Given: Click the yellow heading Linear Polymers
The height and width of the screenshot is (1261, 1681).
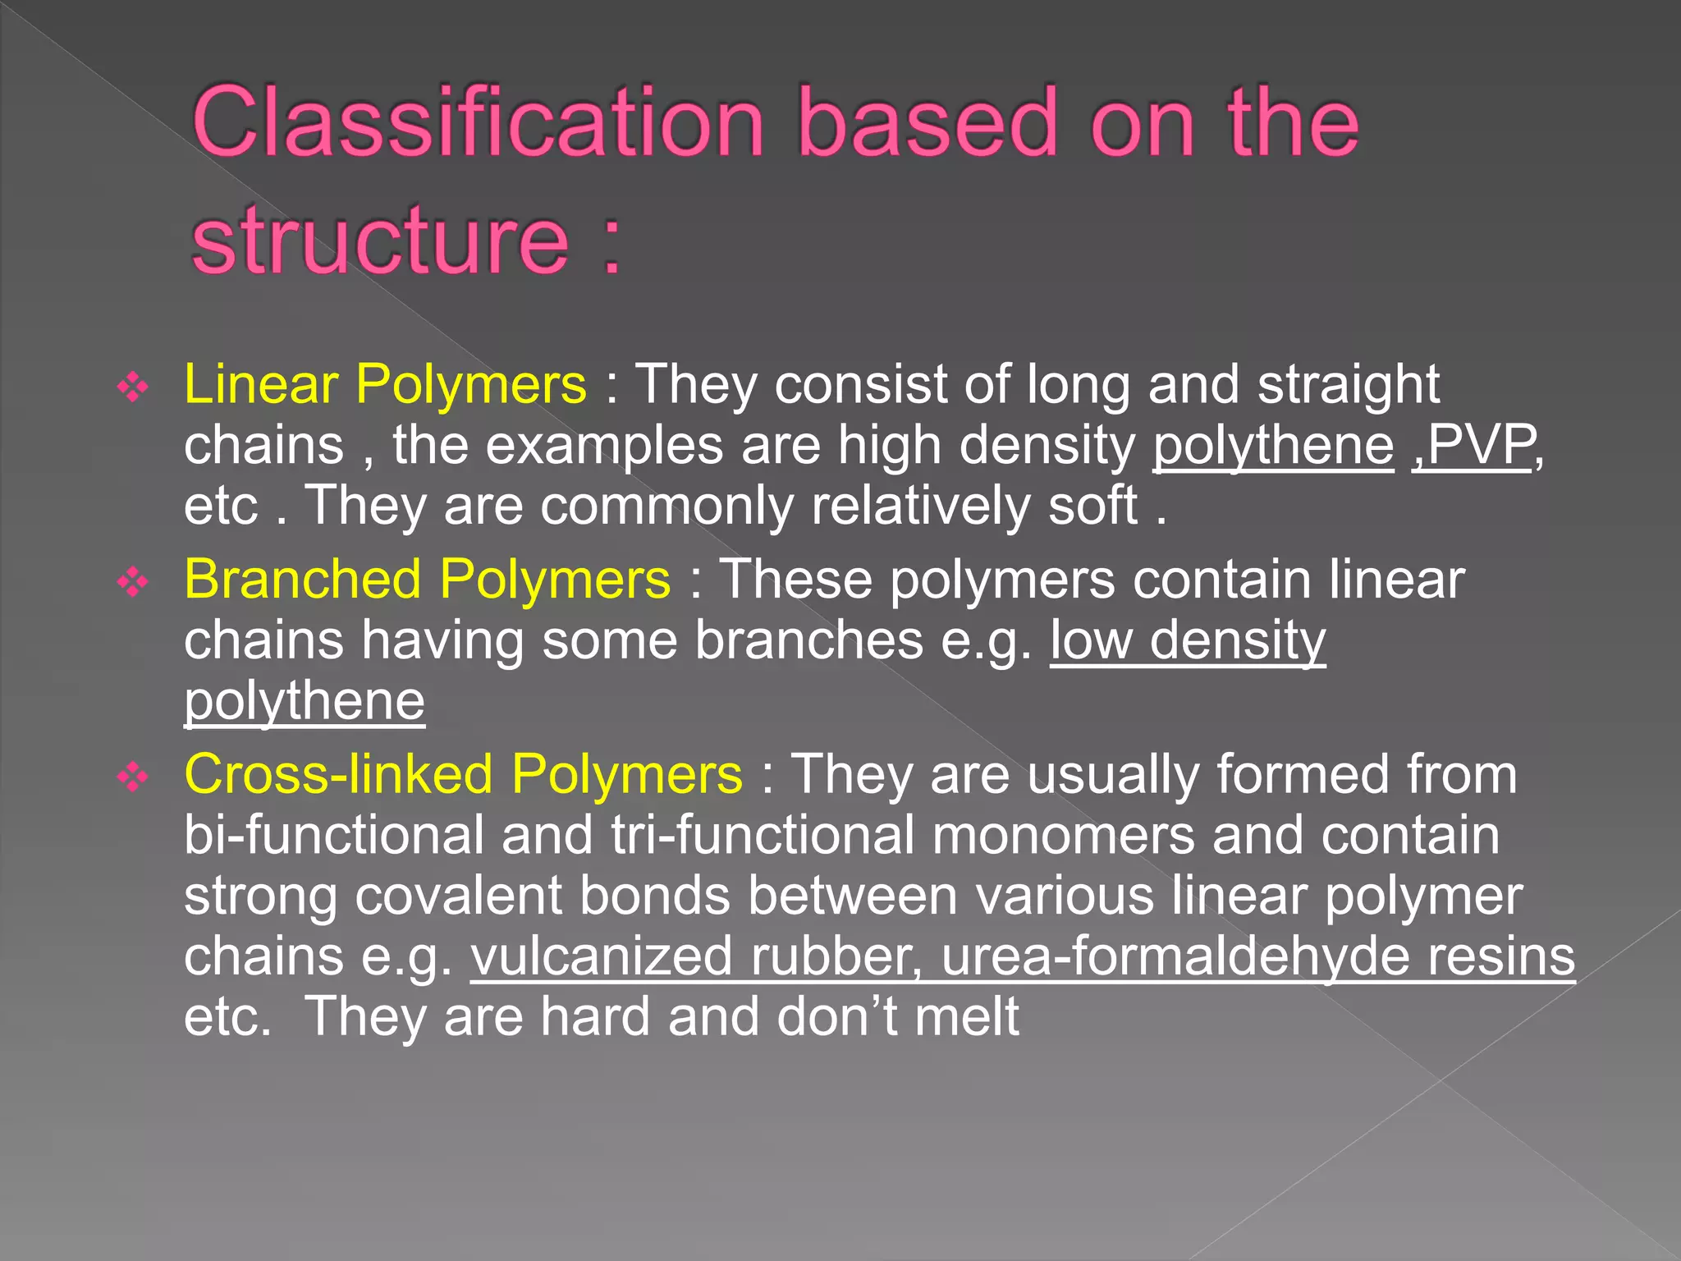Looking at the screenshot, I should (385, 384).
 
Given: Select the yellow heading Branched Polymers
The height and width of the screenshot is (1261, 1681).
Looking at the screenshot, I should (427, 579).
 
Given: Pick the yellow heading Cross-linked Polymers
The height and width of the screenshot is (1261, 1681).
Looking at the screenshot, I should (463, 774).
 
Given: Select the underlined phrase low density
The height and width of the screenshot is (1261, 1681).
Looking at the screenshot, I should (1188, 640).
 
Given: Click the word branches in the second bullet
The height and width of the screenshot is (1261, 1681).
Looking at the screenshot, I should (808, 640).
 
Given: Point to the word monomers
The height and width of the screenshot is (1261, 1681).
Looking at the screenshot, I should (1063, 835).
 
